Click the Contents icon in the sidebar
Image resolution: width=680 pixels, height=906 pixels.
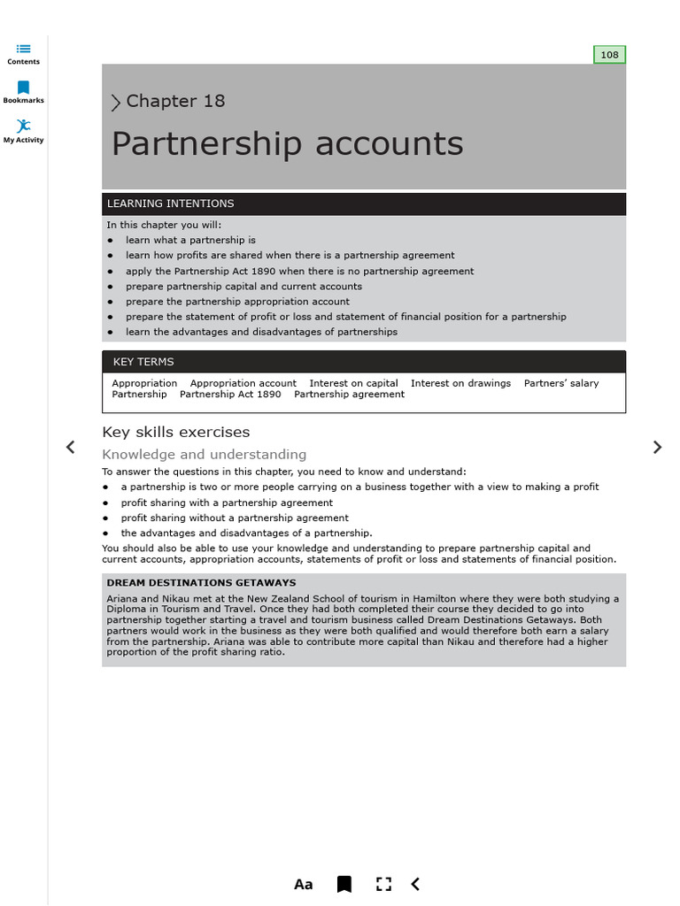coord(23,50)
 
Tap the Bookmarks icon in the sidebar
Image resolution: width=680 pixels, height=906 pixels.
coord(23,88)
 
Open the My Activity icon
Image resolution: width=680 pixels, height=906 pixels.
coord(23,127)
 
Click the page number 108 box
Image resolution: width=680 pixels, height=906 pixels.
coord(609,55)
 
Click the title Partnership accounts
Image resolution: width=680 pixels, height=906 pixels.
coord(287,143)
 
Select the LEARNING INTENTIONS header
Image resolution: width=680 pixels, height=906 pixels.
coord(170,203)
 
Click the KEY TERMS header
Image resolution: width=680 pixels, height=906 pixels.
coord(143,362)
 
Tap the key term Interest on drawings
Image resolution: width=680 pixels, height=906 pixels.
coord(460,383)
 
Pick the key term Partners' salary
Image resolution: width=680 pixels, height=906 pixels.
coord(561,383)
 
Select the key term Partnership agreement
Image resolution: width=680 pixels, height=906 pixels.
coord(349,395)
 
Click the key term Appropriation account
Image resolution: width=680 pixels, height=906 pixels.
coord(243,383)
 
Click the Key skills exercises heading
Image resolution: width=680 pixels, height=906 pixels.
coord(176,432)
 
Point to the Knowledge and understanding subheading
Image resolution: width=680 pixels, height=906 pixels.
coord(205,455)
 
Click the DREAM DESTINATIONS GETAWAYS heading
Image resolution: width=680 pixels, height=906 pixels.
coord(201,583)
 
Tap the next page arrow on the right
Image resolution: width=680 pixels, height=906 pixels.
coord(657,447)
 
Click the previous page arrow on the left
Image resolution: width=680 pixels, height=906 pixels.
coord(71,447)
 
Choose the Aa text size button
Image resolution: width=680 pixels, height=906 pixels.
coord(303,884)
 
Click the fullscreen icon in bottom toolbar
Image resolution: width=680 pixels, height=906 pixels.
coord(383,884)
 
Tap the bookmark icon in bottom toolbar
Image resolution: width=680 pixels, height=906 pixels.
coord(344,884)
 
